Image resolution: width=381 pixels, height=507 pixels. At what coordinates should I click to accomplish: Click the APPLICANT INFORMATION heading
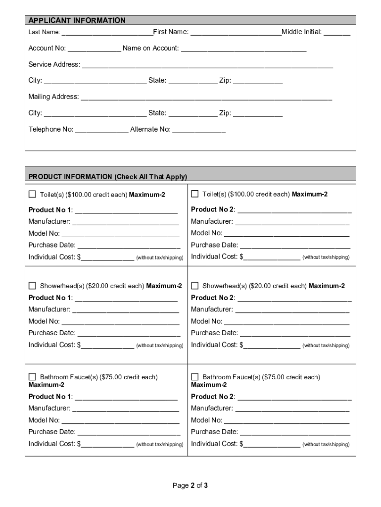[77, 20]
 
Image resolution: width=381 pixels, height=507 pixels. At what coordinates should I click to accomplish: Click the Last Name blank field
[107, 33]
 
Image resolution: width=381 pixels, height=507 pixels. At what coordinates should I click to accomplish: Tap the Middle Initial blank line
[337, 33]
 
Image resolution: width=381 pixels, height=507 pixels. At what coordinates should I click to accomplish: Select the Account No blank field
[94, 49]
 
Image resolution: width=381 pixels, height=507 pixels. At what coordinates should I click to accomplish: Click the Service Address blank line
[207, 65]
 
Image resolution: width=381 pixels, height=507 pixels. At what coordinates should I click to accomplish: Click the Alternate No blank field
[198, 130]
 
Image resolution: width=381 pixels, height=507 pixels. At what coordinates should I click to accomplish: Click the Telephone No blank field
[101, 130]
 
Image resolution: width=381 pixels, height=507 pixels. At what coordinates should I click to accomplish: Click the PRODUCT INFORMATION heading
[107, 177]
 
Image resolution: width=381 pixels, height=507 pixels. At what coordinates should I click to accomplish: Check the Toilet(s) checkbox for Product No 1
[33, 194]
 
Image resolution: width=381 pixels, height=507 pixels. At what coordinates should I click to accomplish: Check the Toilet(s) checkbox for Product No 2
[195, 194]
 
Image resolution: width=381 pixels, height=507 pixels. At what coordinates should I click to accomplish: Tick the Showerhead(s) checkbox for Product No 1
[33, 286]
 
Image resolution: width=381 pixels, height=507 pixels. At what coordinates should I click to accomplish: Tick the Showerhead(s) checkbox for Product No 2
[195, 286]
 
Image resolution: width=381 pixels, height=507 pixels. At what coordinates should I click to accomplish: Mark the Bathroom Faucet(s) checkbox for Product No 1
[33, 377]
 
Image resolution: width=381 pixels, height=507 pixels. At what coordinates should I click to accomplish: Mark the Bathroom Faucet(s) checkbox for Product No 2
[195, 377]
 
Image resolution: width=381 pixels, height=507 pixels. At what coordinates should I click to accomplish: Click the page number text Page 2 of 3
[190, 486]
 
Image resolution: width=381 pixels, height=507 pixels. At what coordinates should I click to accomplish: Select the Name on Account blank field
[243, 49]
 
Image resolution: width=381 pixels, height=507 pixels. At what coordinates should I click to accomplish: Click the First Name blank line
[236, 33]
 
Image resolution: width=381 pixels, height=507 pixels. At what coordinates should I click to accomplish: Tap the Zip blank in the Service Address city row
[258, 81]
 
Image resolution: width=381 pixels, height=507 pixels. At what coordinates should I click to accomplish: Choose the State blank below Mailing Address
[192, 114]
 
